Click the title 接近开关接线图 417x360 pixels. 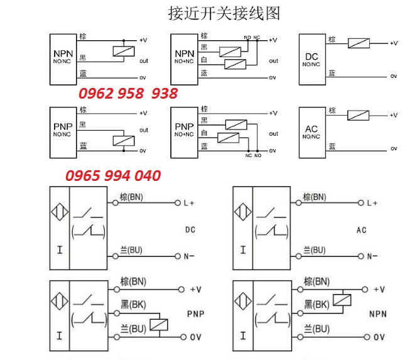224,13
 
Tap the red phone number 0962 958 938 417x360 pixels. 127,94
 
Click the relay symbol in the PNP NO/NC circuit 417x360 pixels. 122,140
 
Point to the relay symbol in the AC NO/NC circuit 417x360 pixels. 358,115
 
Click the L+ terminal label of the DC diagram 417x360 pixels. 188,203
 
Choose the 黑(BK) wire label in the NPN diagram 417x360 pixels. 317,305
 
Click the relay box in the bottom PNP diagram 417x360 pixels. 161,322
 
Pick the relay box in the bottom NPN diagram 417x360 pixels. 342,299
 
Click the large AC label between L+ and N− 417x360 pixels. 361,230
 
